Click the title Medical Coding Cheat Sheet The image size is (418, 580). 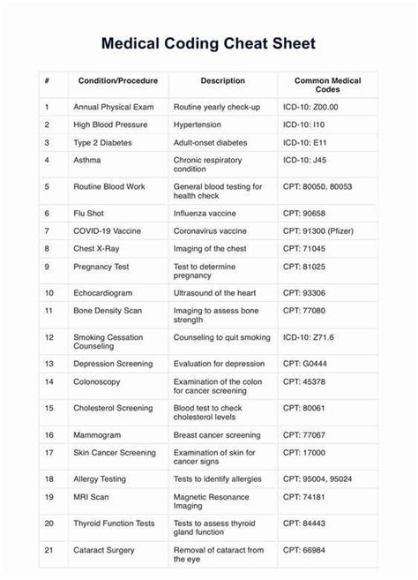coord(208,43)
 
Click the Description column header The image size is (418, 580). coord(222,80)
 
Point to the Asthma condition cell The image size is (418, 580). coord(87,160)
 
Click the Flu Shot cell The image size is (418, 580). coord(90,213)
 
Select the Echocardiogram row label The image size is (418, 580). coord(102,292)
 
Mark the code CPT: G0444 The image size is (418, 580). coord(304,363)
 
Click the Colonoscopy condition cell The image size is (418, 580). coord(99,381)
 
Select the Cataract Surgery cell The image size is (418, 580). coord(104,550)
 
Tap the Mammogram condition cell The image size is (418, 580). coord(98,434)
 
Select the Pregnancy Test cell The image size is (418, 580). coord(101,266)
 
